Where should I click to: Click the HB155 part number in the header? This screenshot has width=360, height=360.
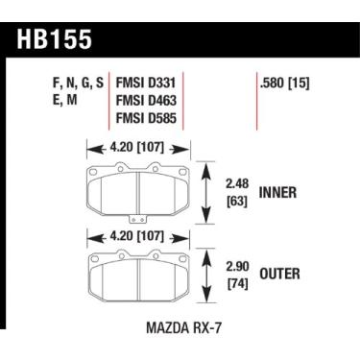60,42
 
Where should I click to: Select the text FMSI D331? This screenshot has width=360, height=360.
148,82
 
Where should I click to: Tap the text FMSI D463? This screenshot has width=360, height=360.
148,100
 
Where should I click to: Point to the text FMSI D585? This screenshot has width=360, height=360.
148,118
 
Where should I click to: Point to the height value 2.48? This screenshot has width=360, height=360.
235,182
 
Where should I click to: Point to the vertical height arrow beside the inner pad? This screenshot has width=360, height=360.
209,191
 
